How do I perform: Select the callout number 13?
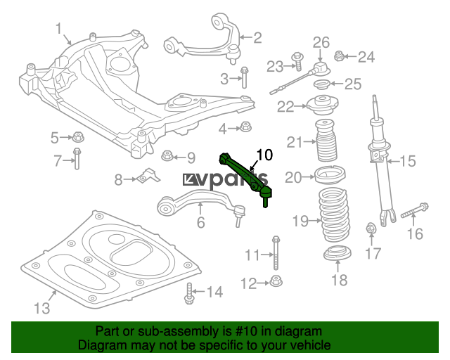42,308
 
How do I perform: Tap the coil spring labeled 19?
333,215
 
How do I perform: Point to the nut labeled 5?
78,136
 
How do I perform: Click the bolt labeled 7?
77,158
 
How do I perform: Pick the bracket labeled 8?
149,176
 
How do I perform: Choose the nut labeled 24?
339,56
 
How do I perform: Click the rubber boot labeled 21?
326,140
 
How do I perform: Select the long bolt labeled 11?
276,252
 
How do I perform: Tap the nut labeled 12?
276,281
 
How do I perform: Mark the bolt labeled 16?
414,210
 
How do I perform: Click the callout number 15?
408,161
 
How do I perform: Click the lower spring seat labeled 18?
337,253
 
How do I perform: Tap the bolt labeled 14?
189,293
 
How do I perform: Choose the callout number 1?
58,29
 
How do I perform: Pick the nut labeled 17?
371,229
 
